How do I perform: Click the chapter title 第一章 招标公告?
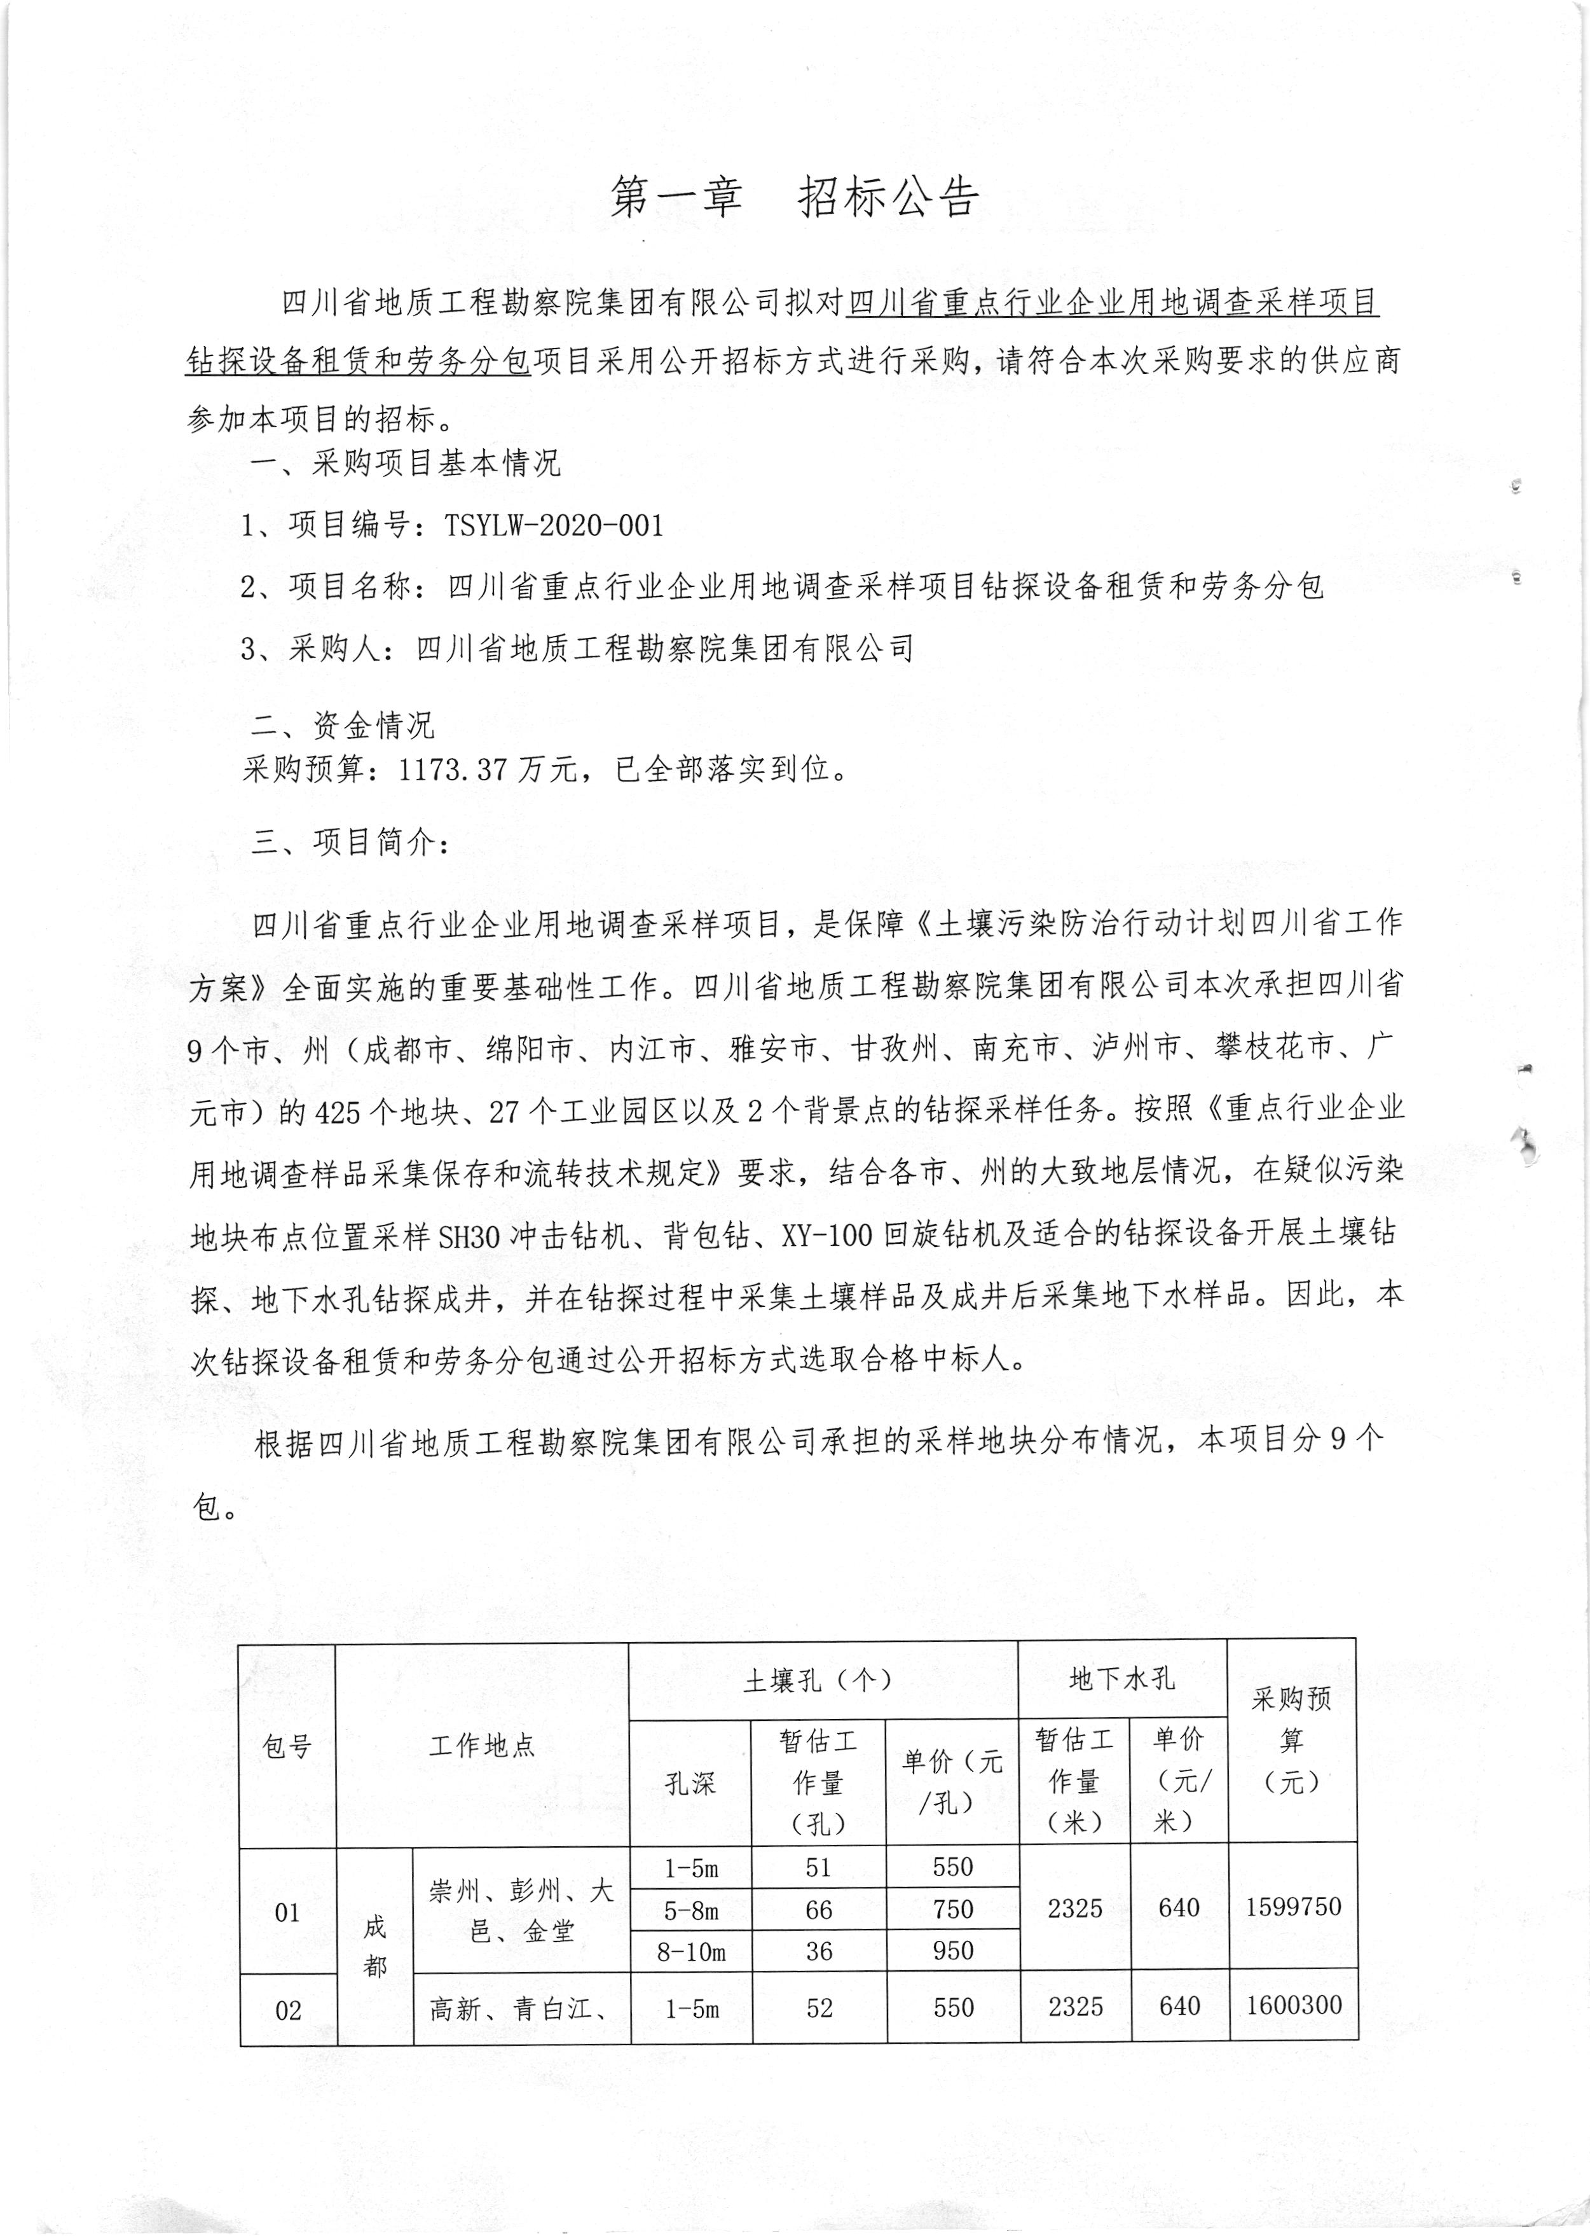794,198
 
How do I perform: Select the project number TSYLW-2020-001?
554,526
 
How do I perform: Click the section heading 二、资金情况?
341,725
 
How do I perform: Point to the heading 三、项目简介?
350,841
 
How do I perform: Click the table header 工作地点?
482,1745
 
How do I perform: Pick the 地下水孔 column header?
1122,1679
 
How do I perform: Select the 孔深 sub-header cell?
690,1783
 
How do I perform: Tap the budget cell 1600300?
1293,2005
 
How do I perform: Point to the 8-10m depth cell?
691,1952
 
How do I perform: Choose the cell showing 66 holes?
818,1910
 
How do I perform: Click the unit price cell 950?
952,1951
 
